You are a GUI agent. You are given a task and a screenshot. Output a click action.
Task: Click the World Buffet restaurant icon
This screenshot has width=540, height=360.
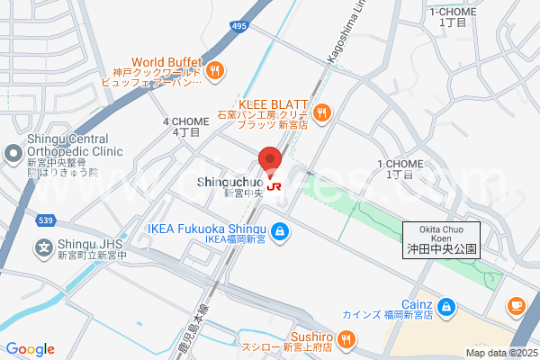pos(213,70)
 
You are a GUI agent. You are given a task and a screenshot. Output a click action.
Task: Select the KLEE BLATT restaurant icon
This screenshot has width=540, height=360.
pos(323,112)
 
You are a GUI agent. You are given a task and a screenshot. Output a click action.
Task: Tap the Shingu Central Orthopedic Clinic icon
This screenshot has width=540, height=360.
pos(12,154)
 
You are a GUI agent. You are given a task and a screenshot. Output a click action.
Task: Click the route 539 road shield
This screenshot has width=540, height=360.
pos(47,220)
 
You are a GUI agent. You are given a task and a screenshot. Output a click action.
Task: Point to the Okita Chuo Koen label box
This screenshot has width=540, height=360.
pos(441,240)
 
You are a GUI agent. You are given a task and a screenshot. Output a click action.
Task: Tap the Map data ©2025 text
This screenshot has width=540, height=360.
pos(499,353)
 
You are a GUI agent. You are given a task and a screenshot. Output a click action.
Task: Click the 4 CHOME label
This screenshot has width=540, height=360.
pos(185,126)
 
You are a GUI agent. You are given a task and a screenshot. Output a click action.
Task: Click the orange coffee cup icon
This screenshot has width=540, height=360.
pos(517,306)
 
